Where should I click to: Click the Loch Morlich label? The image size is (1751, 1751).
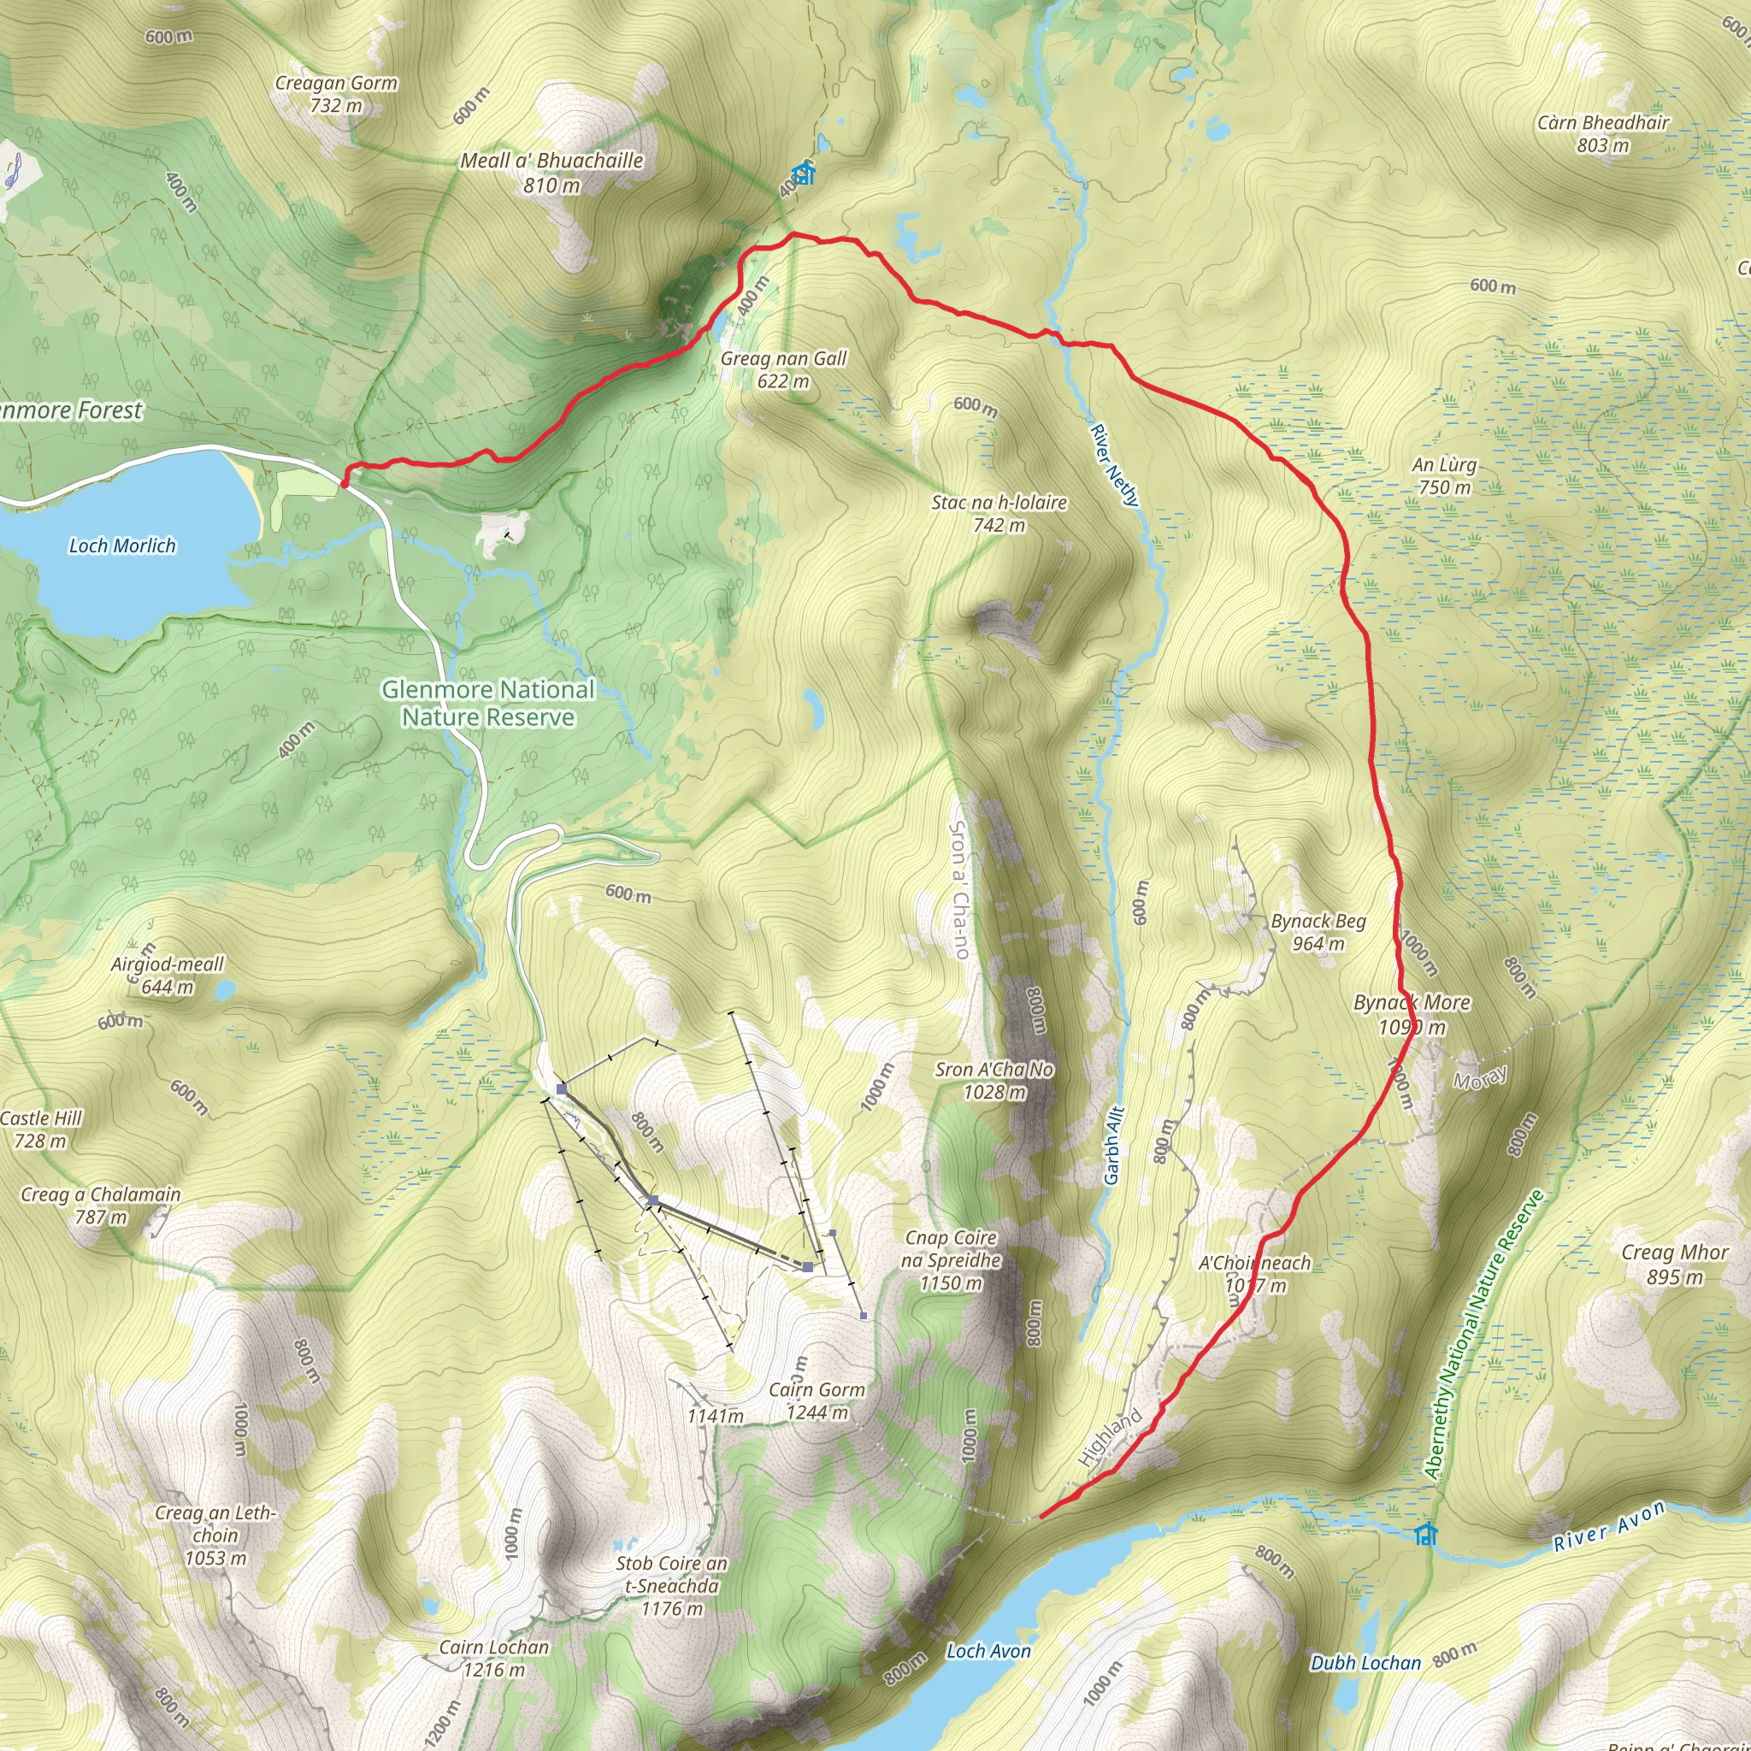click(x=122, y=545)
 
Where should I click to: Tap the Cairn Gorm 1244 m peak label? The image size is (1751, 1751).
click(x=817, y=1400)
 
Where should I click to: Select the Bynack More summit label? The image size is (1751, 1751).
click(x=1411, y=1014)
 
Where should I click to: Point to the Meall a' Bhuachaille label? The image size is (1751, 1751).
click(x=552, y=172)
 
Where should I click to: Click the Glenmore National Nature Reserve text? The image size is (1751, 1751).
click(x=487, y=704)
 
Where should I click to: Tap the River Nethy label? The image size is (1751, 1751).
click(x=1114, y=465)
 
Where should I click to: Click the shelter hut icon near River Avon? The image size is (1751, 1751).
click(x=1425, y=1535)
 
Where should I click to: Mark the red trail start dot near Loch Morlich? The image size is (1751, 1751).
click(x=345, y=483)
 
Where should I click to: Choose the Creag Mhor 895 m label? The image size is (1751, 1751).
click(x=1675, y=1265)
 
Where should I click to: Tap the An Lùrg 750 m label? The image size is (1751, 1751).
click(x=1445, y=476)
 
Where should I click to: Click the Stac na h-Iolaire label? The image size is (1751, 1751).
click(x=999, y=513)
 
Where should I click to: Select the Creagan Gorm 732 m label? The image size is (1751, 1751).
click(x=336, y=93)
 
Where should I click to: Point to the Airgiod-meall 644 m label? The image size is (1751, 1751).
click(x=167, y=975)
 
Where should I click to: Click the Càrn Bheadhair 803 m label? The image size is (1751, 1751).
click(x=1602, y=133)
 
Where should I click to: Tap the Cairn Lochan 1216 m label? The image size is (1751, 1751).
click(x=494, y=1658)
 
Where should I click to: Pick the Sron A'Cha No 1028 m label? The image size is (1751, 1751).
click(x=994, y=1081)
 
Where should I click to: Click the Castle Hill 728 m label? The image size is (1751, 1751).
click(x=41, y=1129)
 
